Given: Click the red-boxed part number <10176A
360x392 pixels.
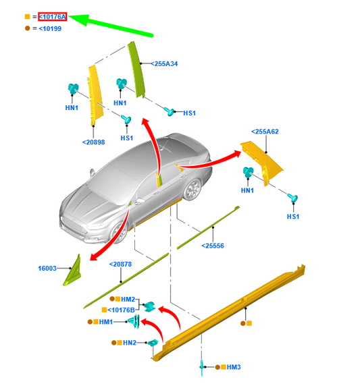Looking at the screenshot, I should point(52,16).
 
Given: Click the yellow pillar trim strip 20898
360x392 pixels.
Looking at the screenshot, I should point(94,94).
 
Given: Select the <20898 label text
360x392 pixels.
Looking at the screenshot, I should point(94,142).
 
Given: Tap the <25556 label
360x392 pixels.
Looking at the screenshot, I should point(214,246).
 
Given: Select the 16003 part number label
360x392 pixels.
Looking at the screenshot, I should point(47,269).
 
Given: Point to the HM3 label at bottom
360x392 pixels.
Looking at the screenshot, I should point(233,367).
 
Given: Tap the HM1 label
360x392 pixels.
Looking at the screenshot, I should point(105,323).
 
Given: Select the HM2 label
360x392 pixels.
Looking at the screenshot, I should point(129,299).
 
